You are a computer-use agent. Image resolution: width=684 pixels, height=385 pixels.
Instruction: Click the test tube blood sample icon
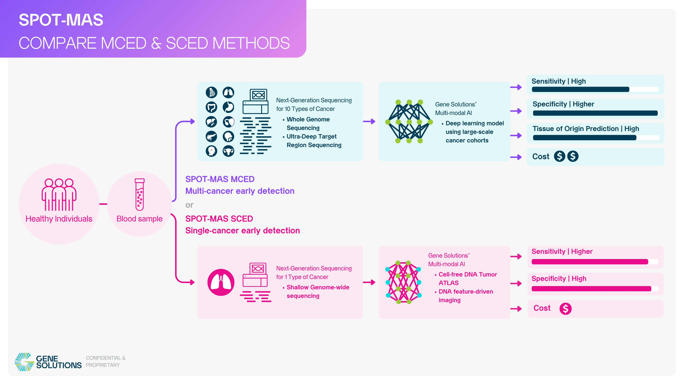click(x=139, y=194)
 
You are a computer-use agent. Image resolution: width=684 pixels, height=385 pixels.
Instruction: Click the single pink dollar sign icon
click(x=565, y=309)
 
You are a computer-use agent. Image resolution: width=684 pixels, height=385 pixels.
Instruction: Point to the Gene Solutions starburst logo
click(x=24, y=362)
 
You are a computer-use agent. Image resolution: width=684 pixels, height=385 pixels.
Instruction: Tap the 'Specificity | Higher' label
click(x=563, y=104)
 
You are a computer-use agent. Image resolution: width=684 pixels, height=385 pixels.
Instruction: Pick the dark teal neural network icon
click(x=409, y=121)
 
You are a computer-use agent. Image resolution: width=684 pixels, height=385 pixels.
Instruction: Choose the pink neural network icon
click(x=403, y=282)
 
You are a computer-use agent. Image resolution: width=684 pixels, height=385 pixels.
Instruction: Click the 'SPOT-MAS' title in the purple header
click(x=61, y=20)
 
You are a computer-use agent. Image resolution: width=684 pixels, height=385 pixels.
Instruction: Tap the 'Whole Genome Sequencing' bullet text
click(x=308, y=124)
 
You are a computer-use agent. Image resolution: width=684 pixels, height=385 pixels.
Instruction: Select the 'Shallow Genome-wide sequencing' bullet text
click(x=318, y=291)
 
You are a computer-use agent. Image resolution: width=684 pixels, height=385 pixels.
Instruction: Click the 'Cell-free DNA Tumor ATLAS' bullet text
click(x=467, y=278)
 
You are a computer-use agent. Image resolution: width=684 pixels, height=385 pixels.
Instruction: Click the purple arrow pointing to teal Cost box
click(x=516, y=157)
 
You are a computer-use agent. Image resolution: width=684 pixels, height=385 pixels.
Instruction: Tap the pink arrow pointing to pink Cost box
click(x=516, y=309)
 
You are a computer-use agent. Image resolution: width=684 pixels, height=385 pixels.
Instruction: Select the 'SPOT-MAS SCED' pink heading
click(x=219, y=219)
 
